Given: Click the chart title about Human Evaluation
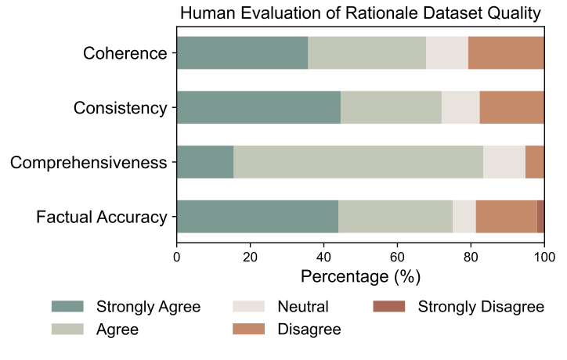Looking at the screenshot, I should [360, 13].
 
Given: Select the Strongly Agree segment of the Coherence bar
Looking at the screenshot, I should [242, 53].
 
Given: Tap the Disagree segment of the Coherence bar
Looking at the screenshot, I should [506, 53].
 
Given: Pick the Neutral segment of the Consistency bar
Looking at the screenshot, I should [460, 108].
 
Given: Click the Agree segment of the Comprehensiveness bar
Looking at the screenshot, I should [358, 163].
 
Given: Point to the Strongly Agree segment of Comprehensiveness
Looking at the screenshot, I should [205, 163].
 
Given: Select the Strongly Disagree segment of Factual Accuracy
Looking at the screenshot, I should [540, 217].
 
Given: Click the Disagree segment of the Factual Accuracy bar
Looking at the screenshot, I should [506, 217].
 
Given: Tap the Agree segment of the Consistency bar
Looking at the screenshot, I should [391, 108].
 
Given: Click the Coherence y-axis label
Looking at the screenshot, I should [125, 54].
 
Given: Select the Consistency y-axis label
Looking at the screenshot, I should [120, 109].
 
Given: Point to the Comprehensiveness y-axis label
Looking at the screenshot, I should [88, 164].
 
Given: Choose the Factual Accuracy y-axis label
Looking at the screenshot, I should [102, 218].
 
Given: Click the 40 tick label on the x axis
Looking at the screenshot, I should [323, 256].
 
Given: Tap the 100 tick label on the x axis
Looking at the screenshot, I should [544, 256].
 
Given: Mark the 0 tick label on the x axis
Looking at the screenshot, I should [177, 256].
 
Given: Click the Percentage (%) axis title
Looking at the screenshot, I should [360, 276].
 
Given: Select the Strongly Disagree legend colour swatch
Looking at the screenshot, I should [388, 306].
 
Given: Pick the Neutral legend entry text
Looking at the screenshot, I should [303, 306].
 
